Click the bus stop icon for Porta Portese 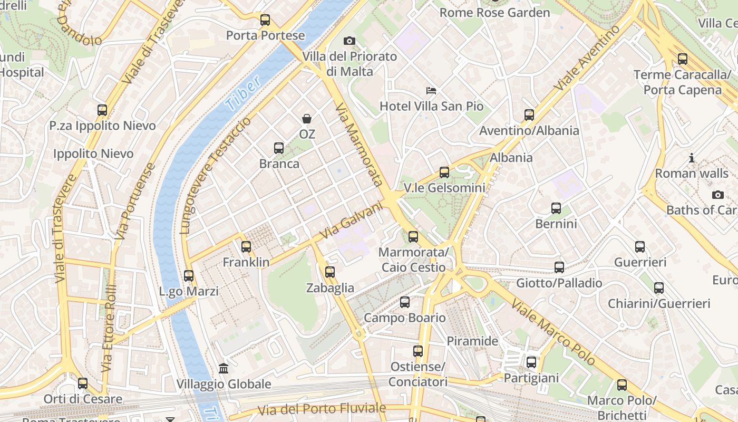265,21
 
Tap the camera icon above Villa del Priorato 349,41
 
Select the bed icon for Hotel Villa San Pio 431,91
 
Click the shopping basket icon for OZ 307,119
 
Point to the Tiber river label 243,93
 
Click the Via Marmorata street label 358,145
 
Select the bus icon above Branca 279,148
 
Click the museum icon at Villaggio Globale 224,368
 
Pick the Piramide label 472,341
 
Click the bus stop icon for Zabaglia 330,272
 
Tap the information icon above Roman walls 692,158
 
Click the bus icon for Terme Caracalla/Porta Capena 683,59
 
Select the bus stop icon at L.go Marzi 189,276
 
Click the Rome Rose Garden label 494,12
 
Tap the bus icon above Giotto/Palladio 559,267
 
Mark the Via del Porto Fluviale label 322,409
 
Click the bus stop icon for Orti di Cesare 83,383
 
